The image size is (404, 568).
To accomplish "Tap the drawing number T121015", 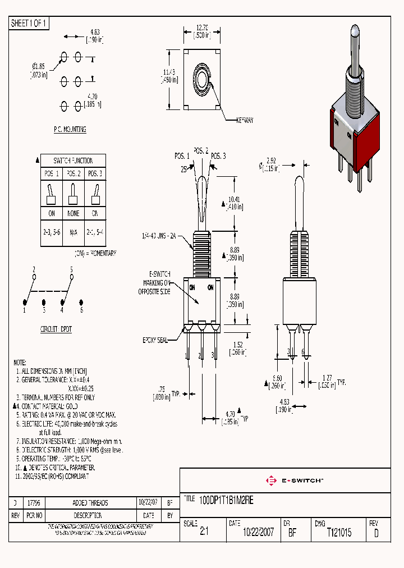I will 339,533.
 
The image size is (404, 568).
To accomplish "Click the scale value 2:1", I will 204,533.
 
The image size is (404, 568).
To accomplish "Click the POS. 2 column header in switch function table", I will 74,173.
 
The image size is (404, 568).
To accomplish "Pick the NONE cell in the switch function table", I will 74,213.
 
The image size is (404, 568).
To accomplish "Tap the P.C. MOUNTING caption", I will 70,129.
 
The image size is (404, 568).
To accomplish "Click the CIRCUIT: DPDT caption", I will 56,329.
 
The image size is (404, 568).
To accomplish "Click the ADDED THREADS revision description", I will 90,503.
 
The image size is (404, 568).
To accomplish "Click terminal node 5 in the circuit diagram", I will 71,277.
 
